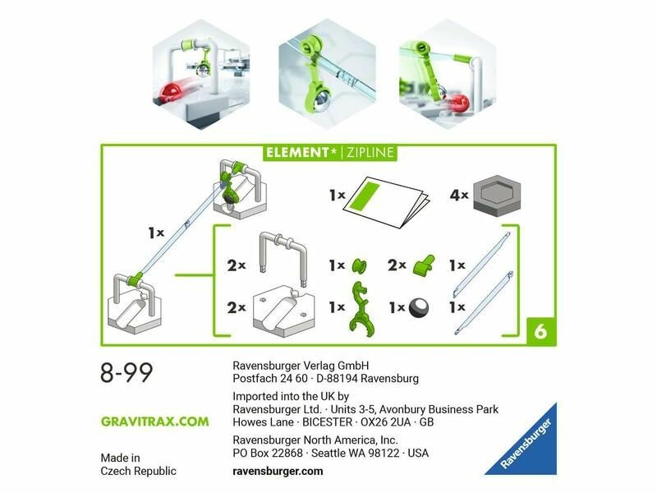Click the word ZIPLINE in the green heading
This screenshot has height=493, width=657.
click(370, 152)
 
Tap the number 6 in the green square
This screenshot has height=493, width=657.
click(540, 332)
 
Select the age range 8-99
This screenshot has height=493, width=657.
click(126, 373)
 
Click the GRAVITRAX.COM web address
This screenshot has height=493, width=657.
click(154, 422)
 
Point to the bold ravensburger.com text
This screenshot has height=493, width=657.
click(278, 471)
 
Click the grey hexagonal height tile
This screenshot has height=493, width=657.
click(497, 196)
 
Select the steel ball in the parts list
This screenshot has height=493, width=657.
click(419, 307)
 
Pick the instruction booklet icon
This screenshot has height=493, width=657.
click(386, 201)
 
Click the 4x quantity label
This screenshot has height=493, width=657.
click(459, 195)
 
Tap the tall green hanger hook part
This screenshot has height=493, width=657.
click(360, 309)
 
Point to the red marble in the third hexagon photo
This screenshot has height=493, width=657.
click(458, 102)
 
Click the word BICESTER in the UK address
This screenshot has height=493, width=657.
click(327, 422)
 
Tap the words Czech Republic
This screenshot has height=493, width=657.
click(138, 471)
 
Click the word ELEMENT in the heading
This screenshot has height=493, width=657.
click(297, 152)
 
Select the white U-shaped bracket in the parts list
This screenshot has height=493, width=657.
click(283, 256)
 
